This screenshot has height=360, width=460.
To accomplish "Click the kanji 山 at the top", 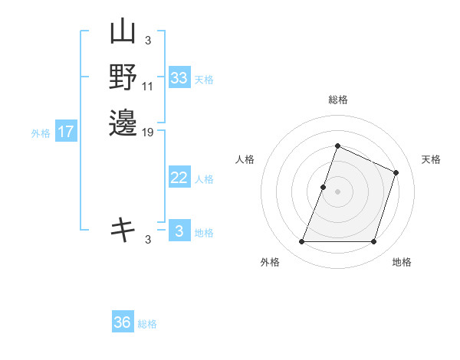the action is [123, 34].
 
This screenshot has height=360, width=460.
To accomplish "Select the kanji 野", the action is [123, 77].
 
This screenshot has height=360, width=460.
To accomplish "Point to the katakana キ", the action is [123, 228].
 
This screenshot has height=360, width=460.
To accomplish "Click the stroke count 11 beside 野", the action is [148, 85].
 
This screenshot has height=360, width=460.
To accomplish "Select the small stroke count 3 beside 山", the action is [147, 41].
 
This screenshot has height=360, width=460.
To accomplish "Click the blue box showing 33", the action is [179, 78].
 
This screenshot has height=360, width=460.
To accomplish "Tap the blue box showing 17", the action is [67, 132].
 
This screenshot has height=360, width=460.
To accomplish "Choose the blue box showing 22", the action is [179, 178].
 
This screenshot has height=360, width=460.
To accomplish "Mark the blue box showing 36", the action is [123, 322].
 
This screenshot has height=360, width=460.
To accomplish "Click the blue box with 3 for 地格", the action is [179, 231].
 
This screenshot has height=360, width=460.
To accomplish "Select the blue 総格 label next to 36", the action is [148, 324].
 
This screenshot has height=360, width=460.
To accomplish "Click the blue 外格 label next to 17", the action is [41, 133].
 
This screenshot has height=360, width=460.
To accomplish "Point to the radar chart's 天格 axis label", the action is [431, 159].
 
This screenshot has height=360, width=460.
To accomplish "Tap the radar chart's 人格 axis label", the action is [245, 159].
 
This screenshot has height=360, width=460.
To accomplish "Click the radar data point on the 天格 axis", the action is [396, 172].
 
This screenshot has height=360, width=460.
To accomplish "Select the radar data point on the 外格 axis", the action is [301, 242].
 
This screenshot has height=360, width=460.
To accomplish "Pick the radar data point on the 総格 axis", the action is [337, 146].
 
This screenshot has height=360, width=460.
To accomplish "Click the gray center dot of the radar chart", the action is [337, 191].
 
